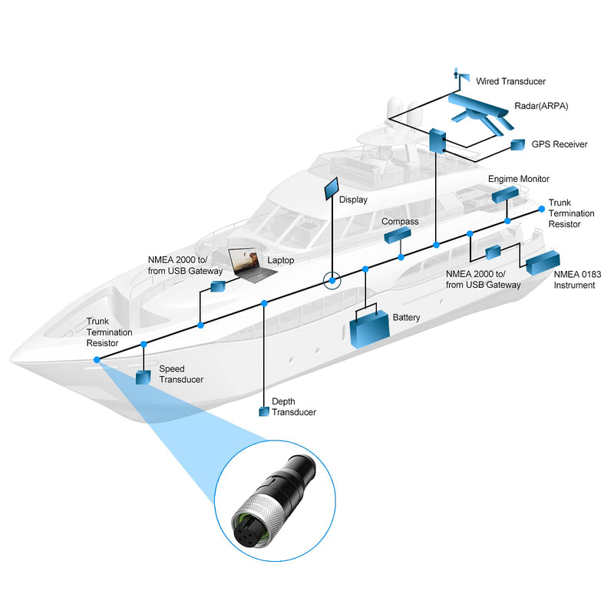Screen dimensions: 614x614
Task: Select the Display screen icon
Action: tap(332, 188)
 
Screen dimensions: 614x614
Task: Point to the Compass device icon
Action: tap(398, 235)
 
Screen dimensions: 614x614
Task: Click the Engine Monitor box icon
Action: tap(505, 194)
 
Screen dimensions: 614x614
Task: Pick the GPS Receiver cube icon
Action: tap(517, 144)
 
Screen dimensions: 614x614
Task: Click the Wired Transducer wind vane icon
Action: tap(461, 75)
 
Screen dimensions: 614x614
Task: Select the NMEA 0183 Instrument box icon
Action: tap(543, 262)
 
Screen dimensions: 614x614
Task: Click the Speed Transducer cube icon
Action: tap(143, 378)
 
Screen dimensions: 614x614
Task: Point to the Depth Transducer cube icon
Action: tap(264, 411)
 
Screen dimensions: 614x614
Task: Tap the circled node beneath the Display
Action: tap(332, 280)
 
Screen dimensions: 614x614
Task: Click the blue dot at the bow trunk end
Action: tap(97, 359)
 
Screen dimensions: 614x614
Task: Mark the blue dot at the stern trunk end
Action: tap(542, 209)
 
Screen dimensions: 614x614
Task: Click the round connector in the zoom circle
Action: tap(274, 501)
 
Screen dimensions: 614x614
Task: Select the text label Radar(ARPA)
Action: tap(541, 106)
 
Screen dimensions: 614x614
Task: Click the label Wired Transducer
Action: tap(510, 81)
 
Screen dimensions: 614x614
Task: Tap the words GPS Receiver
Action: tap(560, 144)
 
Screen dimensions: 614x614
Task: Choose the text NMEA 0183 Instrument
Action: tap(577, 279)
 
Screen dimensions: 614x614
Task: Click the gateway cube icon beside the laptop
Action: tap(218, 286)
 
